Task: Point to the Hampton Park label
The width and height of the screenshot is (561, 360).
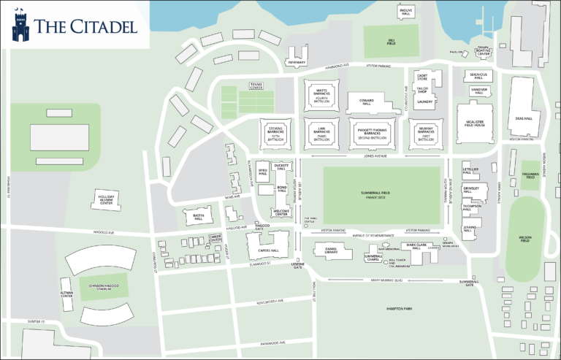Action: pyautogui.click(x=401, y=309)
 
